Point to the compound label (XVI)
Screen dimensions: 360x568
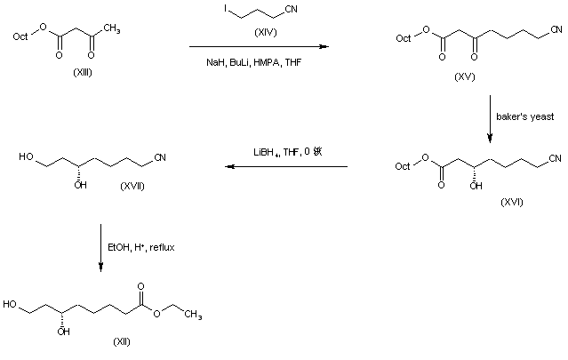510,202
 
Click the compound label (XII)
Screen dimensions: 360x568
122,340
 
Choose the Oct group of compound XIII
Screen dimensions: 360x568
20,37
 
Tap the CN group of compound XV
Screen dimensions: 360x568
556,31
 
